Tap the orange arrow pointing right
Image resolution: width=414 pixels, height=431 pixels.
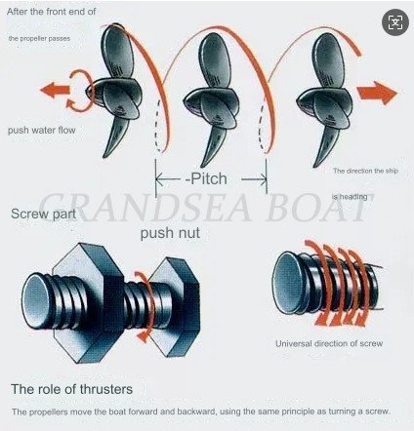click(375, 94)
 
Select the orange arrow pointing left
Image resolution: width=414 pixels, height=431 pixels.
click(57, 91)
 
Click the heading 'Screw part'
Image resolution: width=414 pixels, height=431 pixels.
click(41, 212)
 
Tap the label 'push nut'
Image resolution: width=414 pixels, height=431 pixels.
click(171, 234)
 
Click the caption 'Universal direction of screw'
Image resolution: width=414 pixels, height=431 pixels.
click(328, 343)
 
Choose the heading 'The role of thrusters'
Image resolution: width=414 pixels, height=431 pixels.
click(71, 387)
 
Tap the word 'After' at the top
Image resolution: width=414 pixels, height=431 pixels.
click(19, 10)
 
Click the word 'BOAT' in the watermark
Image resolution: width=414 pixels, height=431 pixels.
click(318, 207)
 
